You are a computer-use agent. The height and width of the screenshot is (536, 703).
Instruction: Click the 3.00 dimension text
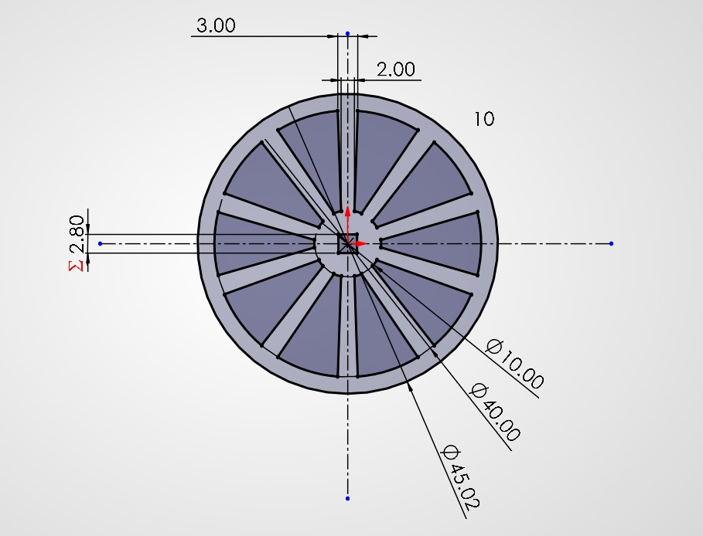215,25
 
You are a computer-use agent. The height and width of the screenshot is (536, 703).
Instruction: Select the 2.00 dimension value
395,70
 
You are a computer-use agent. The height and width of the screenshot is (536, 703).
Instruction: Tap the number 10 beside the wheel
484,119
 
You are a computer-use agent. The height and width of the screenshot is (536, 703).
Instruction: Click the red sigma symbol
76,266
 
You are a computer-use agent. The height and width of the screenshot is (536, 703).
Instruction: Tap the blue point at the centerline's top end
347,34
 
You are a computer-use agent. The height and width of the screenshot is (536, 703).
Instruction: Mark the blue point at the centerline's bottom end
347,498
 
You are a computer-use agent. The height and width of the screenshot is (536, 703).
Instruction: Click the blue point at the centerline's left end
100,243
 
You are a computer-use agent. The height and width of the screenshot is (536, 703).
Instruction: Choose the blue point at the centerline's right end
611,243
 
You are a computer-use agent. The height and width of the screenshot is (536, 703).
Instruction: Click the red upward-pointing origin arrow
347,213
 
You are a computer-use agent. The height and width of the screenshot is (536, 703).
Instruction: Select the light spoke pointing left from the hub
263,244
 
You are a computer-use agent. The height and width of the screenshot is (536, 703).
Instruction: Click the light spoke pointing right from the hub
433,244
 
